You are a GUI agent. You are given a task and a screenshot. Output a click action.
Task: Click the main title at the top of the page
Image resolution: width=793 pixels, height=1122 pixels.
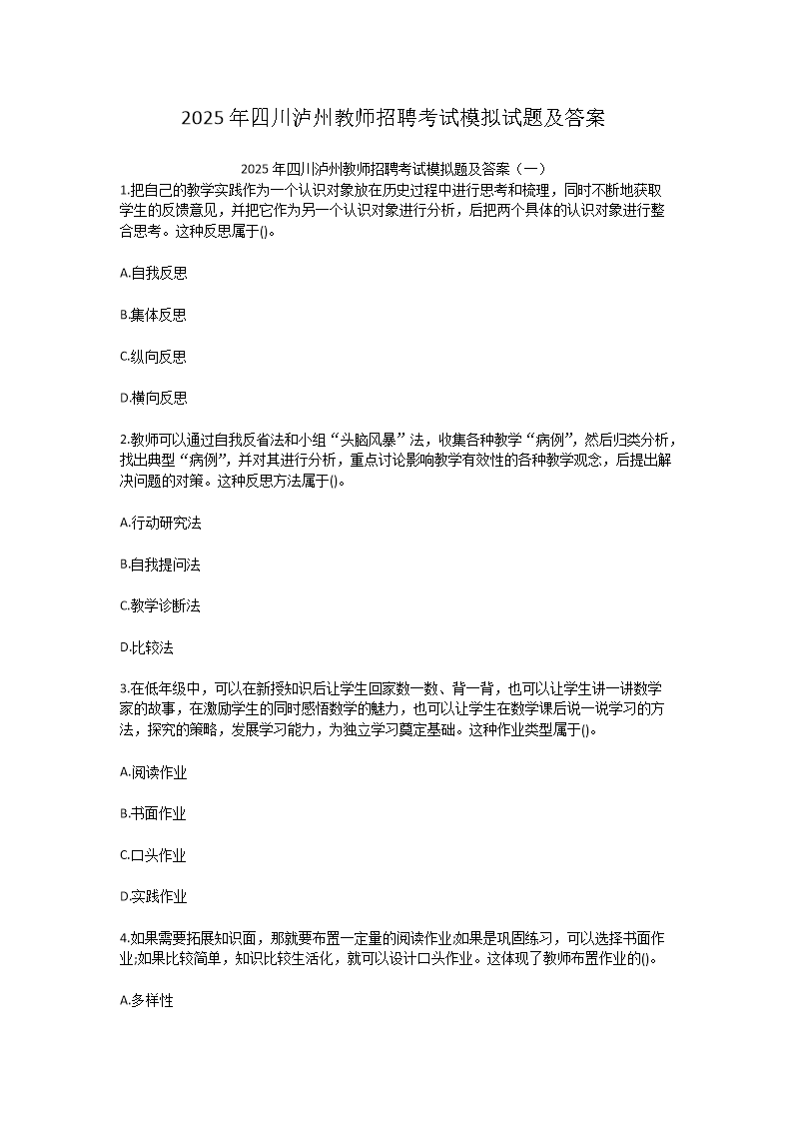pyautogui.click(x=395, y=119)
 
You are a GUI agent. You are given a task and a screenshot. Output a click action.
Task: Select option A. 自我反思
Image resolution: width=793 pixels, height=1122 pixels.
pyautogui.click(x=153, y=273)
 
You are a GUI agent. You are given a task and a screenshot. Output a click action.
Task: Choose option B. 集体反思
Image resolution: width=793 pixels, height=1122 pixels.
pyautogui.click(x=153, y=315)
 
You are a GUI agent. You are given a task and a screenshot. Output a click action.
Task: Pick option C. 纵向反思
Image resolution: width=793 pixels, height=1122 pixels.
pyautogui.click(x=153, y=357)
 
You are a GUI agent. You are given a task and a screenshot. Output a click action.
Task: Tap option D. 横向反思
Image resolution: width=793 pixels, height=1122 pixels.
pyautogui.click(x=153, y=398)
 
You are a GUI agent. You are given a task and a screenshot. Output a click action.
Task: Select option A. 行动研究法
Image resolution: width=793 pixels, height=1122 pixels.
pyautogui.click(x=160, y=523)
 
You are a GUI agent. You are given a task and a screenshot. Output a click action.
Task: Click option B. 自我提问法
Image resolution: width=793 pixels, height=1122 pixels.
pyautogui.click(x=160, y=564)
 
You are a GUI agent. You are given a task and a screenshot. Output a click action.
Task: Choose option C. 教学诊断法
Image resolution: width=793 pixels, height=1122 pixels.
pyautogui.click(x=160, y=605)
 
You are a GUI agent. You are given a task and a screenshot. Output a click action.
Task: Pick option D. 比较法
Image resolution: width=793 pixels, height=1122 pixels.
pyautogui.click(x=146, y=647)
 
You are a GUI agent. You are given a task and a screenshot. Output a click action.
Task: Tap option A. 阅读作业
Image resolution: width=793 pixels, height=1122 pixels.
pyautogui.click(x=153, y=772)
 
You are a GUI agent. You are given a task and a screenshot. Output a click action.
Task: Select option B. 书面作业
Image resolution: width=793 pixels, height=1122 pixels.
pyautogui.click(x=153, y=813)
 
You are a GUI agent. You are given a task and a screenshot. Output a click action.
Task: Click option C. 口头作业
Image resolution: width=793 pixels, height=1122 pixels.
pyautogui.click(x=153, y=855)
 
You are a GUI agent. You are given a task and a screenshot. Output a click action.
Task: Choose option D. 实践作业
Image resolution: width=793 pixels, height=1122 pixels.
pyautogui.click(x=153, y=896)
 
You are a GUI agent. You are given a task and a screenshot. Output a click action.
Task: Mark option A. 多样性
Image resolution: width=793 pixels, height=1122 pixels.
pyautogui.click(x=146, y=1000)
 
